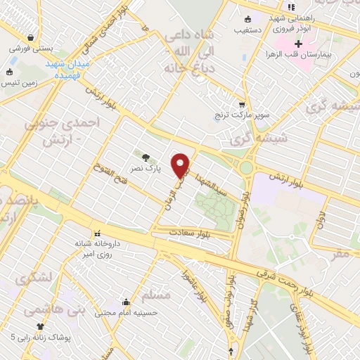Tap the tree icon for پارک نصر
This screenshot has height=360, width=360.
pyautogui.click(x=146, y=158)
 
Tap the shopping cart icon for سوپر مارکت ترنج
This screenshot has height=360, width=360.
pyautogui.click(x=242, y=103)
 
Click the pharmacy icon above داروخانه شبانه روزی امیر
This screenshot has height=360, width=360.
pyautogui.click(x=95, y=232)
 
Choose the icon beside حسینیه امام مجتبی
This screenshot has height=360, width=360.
pyautogui.click(x=126, y=302)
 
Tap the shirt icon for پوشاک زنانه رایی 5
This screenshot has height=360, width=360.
pyautogui.click(x=40, y=326)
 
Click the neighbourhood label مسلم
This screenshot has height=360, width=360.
pyautogui.click(x=155, y=295)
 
